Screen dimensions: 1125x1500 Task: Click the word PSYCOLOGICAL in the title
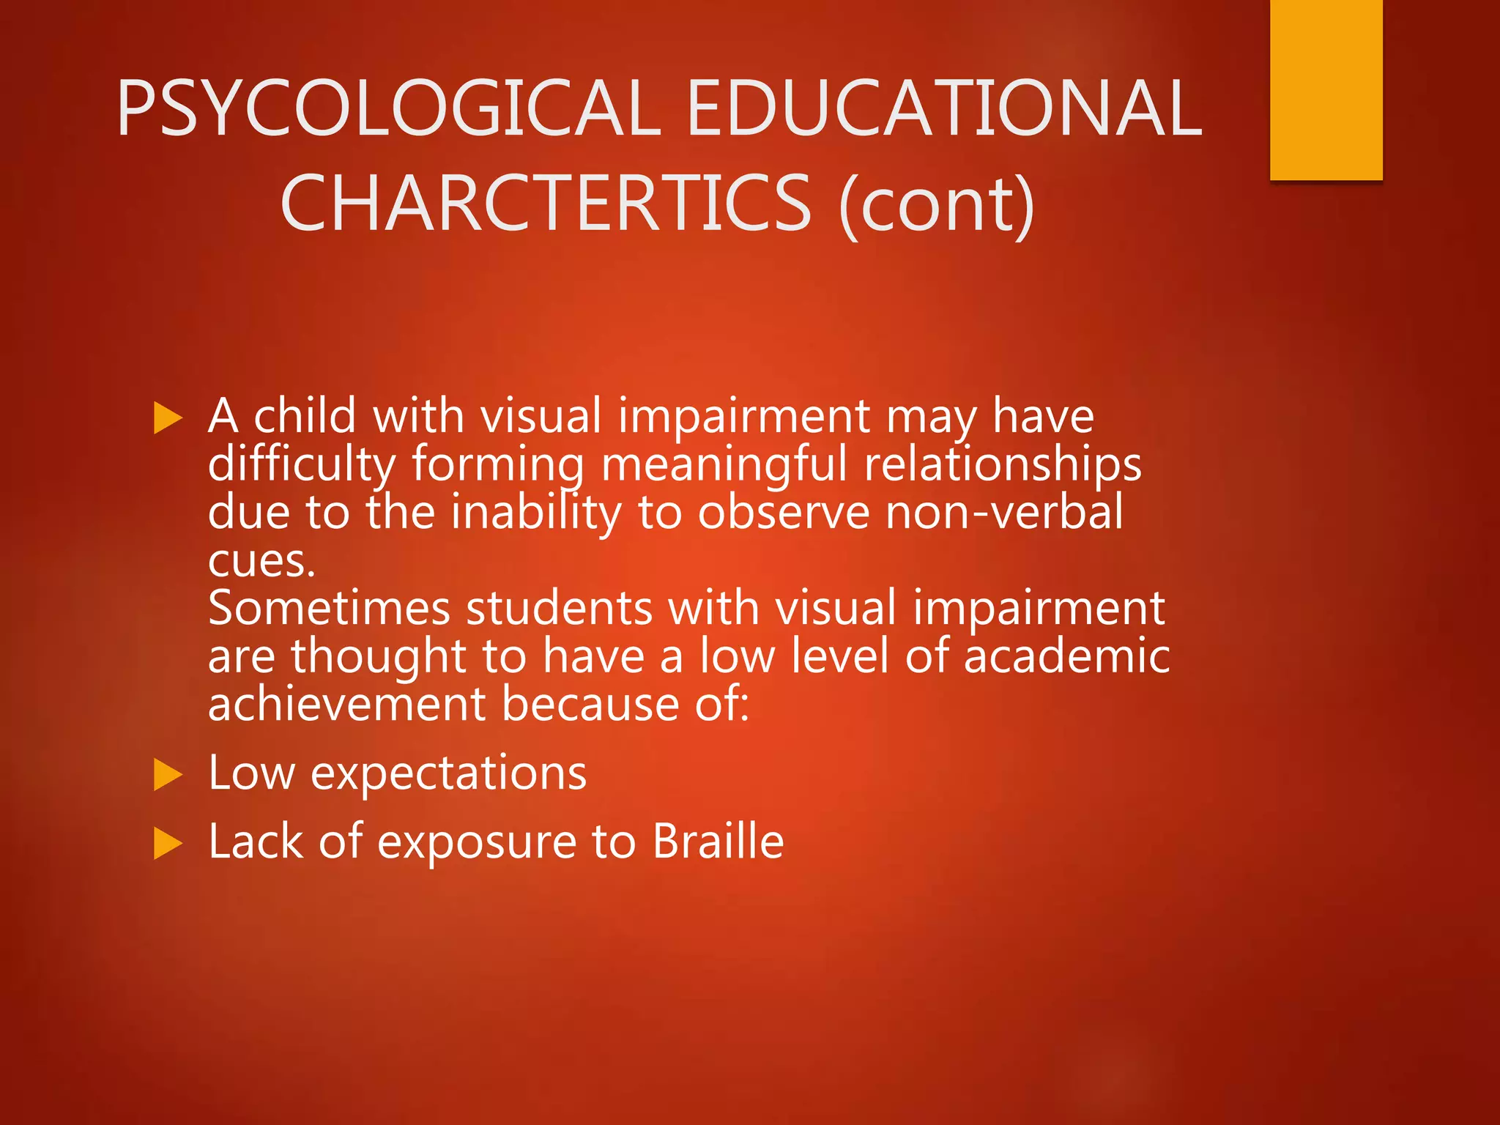click(388, 108)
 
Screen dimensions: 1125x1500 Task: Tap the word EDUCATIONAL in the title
click(945, 108)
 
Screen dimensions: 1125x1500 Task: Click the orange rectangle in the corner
click(1326, 89)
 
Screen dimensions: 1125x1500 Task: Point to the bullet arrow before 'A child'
click(168, 418)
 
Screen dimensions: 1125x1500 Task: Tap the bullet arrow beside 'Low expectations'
click(168, 775)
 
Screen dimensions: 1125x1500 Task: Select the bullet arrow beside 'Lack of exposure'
click(168, 843)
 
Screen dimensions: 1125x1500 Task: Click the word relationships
click(1002, 465)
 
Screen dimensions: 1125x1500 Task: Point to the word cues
click(261, 561)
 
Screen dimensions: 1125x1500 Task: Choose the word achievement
click(347, 704)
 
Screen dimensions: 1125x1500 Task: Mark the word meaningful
click(724, 467)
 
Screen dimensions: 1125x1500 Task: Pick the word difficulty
click(302, 465)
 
